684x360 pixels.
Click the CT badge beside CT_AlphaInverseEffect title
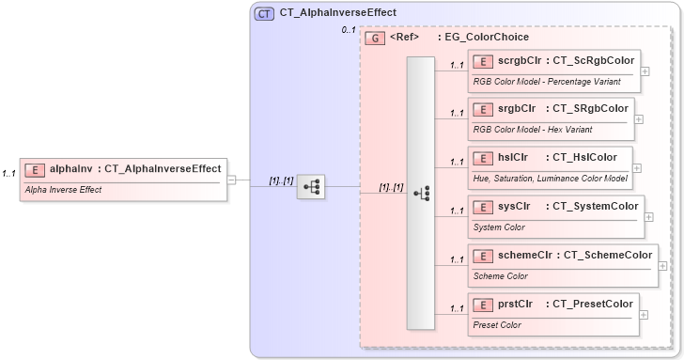[x=264, y=13]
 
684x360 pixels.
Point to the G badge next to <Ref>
[x=375, y=38]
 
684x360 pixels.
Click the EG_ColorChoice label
[x=490, y=38]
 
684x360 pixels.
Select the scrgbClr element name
[x=520, y=61]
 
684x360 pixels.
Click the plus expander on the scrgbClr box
[x=645, y=70]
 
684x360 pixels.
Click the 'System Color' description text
[x=499, y=227]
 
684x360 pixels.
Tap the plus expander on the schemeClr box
[x=662, y=266]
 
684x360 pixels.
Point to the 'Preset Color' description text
[x=498, y=324]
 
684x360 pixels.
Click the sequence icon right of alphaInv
[x=311, y=187]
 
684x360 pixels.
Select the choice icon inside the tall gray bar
[x=421, y=193]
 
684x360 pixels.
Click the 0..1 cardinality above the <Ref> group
[x=348, y=31]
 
